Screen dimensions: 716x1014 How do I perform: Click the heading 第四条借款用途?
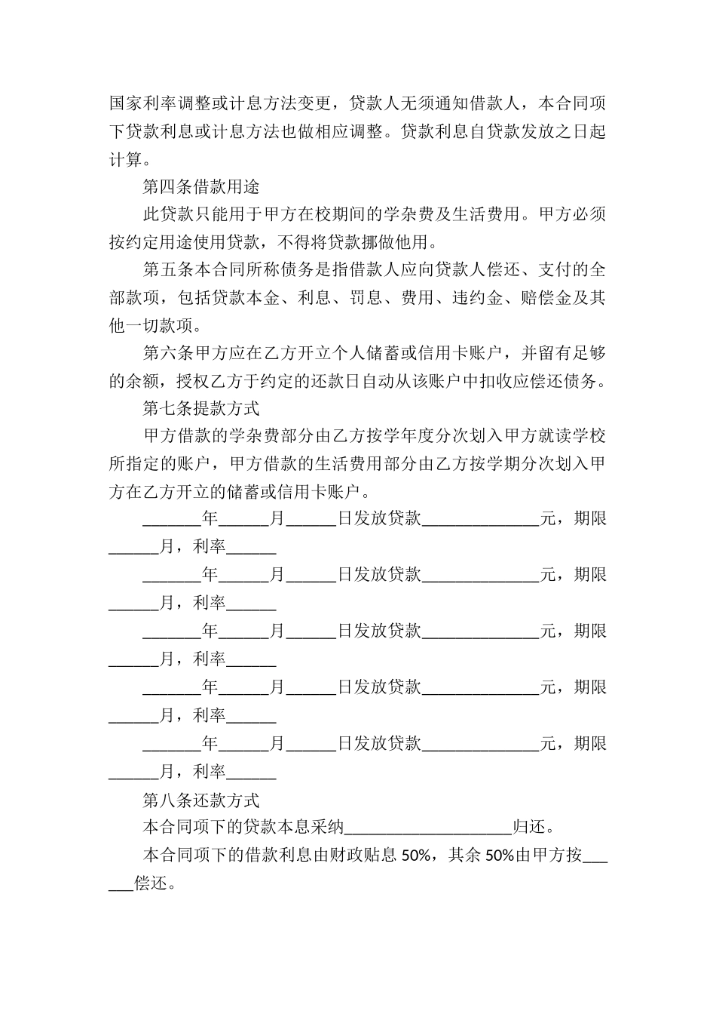(x=201, y=186)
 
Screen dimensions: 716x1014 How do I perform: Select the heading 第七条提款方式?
(x=201, y=408)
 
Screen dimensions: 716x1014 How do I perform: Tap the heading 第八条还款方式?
(x=201, y=800)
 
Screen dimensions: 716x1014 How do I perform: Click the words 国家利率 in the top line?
(x=142, y=103)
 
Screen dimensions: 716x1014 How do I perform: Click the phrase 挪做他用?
(x=403, y=242)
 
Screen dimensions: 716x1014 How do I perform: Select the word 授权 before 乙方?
(x=192, y=381)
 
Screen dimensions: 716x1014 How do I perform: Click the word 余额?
(x=142, y=381)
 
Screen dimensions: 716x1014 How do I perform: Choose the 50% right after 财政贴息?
(x=415, y=856)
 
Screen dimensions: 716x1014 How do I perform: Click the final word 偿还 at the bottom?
(x=151, y=883)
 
